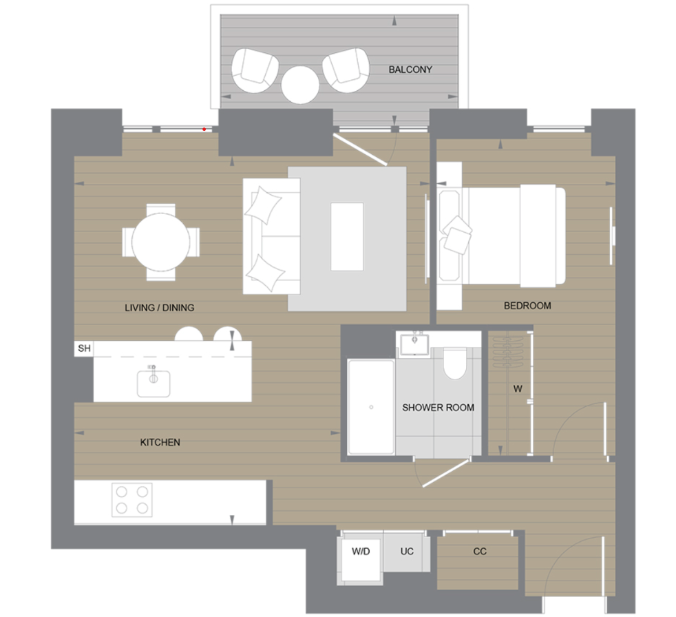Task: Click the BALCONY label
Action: pos(410,70)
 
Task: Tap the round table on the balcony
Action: pos(300,84)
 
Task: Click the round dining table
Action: pos(161,241)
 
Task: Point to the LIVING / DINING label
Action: pos(159,308)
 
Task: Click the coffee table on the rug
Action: pos(346,236)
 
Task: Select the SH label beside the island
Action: pos(84,348)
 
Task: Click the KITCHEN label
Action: pos(160,442)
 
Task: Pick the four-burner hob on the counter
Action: pos(132,500)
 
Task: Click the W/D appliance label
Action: pos(361,552)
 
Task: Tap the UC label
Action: pos(407,552)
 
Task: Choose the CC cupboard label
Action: pos(480,552)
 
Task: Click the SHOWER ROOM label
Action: pos(438,408)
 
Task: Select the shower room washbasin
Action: pos(415,342)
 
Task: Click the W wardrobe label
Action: pos(517,388)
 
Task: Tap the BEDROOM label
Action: pos(527,306)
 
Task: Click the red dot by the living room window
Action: pos(204,128)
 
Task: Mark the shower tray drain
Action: pos(371,408)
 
